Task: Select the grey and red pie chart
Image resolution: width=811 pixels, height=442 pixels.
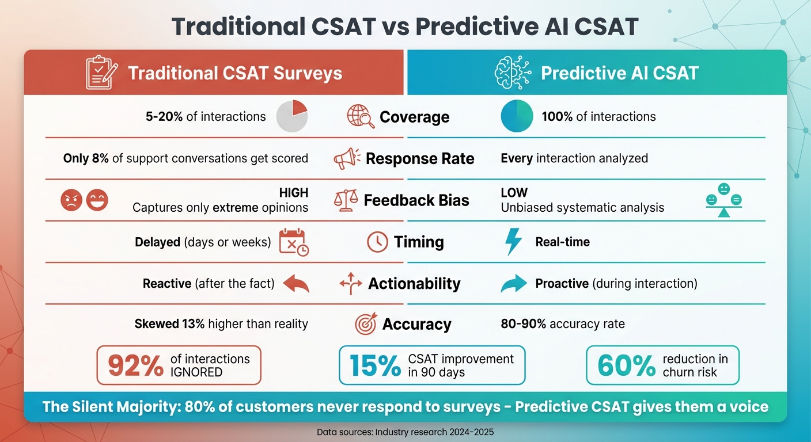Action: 292,116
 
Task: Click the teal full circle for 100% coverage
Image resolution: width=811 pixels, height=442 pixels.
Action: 517,116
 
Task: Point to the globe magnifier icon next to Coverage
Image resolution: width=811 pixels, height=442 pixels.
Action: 361,117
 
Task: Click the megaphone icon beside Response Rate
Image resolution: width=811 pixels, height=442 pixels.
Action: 347,158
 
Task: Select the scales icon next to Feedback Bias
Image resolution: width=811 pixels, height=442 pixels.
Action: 346,200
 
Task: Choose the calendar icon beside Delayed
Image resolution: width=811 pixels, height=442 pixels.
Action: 293,242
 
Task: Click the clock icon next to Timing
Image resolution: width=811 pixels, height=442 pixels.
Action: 377,242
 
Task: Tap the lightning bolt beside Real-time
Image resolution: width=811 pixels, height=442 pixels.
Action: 513,242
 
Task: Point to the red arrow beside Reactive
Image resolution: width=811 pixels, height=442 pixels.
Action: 296,283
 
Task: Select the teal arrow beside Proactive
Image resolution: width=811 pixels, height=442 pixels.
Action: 514,283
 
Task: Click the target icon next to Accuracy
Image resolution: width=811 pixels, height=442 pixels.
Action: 366,324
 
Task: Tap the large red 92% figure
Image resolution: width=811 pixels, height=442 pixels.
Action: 135,365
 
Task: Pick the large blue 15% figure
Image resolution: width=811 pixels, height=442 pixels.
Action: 375,365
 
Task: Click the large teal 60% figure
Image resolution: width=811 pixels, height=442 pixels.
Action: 626,365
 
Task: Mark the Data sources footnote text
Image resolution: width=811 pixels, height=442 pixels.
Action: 405,431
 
